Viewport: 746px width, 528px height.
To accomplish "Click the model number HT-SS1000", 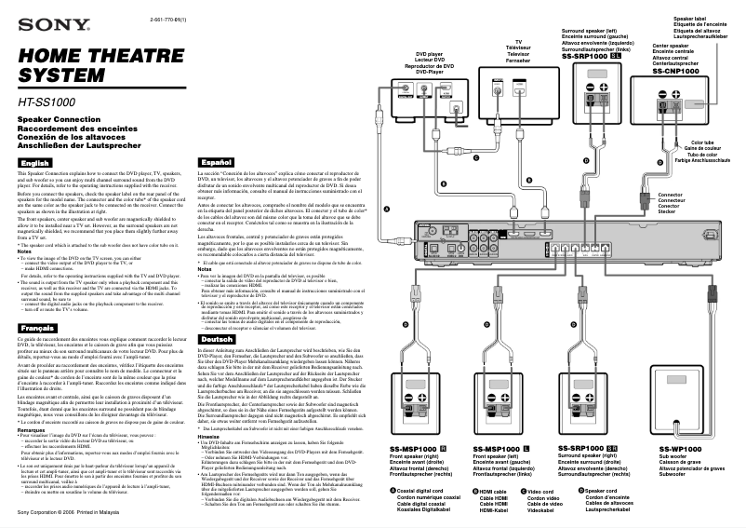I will pos(50,100).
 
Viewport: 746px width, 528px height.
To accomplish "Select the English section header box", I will pos(34,163).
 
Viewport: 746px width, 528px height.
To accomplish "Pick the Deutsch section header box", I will pos(218,339).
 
